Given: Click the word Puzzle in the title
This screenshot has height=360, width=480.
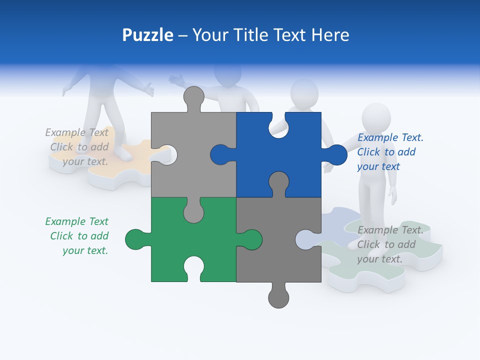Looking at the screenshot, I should coord(147,35).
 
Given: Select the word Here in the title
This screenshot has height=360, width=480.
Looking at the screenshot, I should coord(330,35).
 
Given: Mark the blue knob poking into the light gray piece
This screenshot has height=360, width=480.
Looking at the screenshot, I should coord(220,154).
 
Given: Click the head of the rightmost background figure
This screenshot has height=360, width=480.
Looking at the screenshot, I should coord(376,118).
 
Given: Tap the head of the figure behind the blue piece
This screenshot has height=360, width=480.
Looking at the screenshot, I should coord(304,94).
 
